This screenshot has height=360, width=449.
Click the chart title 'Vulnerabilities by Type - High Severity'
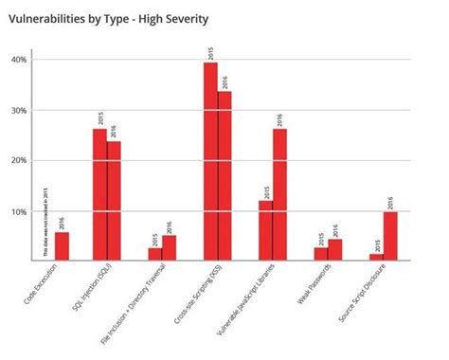pyautogui.click(x=109, y=18)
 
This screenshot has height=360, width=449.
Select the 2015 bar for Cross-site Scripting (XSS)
pyautogui.click(x=210, y=161)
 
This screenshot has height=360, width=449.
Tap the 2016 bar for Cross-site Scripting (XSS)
pyautogui.click(x=224, y=175)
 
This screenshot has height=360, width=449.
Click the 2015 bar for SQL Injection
pyautogui.click(x=99, y=194)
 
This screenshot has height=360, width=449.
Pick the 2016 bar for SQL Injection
pyautogui.click(x=114, y=200)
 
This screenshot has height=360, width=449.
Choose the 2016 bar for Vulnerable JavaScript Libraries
pyautogui.click(x=279, y=194)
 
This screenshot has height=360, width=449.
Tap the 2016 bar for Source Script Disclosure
pyautogui.click(x=390, y=236)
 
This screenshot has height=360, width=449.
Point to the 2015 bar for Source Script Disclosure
pyautogui.click(x=376, y=257)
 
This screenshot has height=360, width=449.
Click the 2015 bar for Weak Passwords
pyautogui.click(x=321, y=254)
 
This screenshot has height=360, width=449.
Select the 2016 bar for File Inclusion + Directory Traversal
pyautogui.click(x=169, y=247)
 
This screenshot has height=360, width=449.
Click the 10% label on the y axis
pyautogui.click(x=18, y=211)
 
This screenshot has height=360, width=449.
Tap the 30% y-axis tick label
pyautogui.click(x=18, y=111)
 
